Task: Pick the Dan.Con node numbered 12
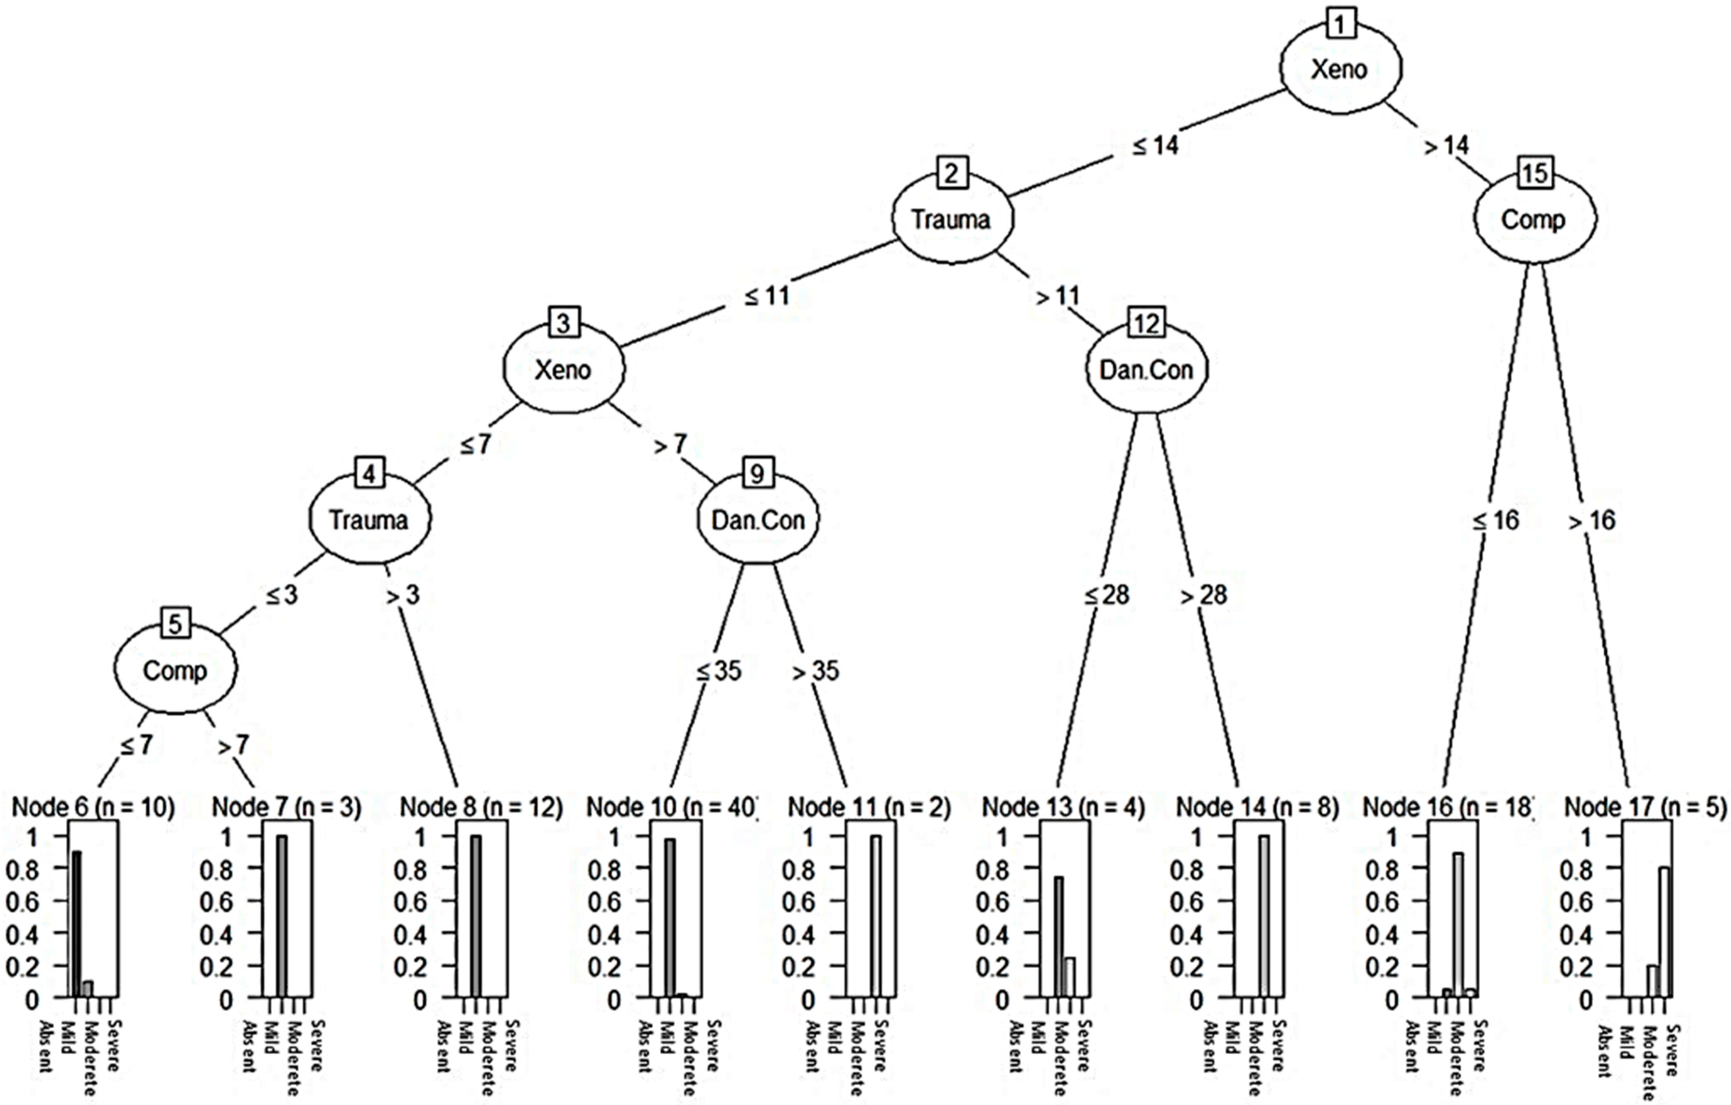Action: (x=1147, y=369)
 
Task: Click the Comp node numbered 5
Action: (x=175, y=670)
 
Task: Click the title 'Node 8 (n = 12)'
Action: (x=481, y=807)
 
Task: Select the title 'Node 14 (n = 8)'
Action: (x=1257, y=807)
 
